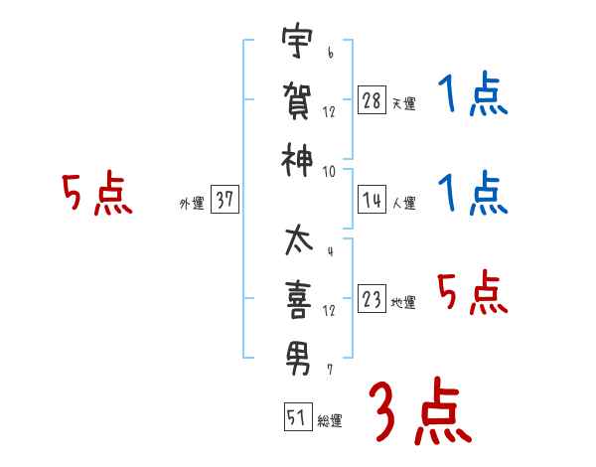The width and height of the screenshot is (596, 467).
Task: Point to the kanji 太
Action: pos(296,240)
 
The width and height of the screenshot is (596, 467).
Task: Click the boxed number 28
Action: pos(372,99)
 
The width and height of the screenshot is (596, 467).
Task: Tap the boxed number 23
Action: pos(372,300)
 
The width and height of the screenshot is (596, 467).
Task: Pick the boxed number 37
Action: pos(224,200)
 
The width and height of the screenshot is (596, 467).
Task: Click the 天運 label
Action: pos(403,103)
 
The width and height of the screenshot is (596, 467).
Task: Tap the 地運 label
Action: pos(403,303)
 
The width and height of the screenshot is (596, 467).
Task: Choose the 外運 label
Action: pos(192,204)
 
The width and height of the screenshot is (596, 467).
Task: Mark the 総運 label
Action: pos(330,421)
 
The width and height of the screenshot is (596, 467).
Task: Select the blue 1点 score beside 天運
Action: pos(473,96)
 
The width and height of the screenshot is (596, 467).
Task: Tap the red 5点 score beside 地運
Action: pos(473,293)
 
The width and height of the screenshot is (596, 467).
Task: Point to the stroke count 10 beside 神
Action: pos(328,171)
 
